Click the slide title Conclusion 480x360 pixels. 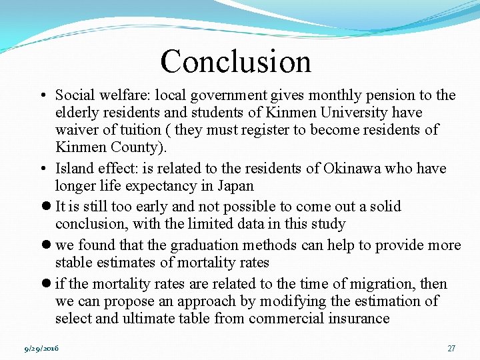(x=235, y=61)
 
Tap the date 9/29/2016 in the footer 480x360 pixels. (x=41, y=348)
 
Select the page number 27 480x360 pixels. (x=451, y=348)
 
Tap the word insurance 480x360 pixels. (x=359, y=318)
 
